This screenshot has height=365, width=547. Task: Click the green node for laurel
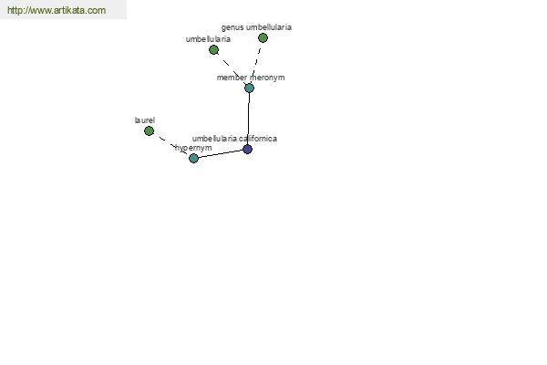(x=149, y=131)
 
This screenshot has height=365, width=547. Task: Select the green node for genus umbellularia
(x=263, y=37)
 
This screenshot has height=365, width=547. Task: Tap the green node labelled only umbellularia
(x=213, y=50)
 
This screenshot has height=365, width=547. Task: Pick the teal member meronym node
(x=249, y=88)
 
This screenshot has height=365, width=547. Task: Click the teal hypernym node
(x=193, y=158)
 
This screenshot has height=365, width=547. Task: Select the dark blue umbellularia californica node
(x=247, y=149)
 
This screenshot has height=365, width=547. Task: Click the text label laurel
(x=145, y=120)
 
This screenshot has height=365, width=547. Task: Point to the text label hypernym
(x=193, y=148)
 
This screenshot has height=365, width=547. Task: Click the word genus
(x=232, y=27)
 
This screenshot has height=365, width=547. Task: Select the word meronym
(x=267, y=78)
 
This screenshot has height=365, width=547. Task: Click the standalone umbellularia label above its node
(x=208, y=39)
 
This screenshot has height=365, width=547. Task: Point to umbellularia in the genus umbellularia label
(x=269, y=27)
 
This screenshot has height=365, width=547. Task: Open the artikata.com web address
(x=57, y=10)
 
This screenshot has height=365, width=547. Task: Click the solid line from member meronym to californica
(x=248, y=119)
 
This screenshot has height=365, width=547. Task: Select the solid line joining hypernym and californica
(x=221, y=153)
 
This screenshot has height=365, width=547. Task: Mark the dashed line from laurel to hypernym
(x=171, y=144)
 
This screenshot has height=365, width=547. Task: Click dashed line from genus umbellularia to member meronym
(x=256, y=63)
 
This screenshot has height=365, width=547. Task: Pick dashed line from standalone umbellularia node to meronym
(x=232, y=68)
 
